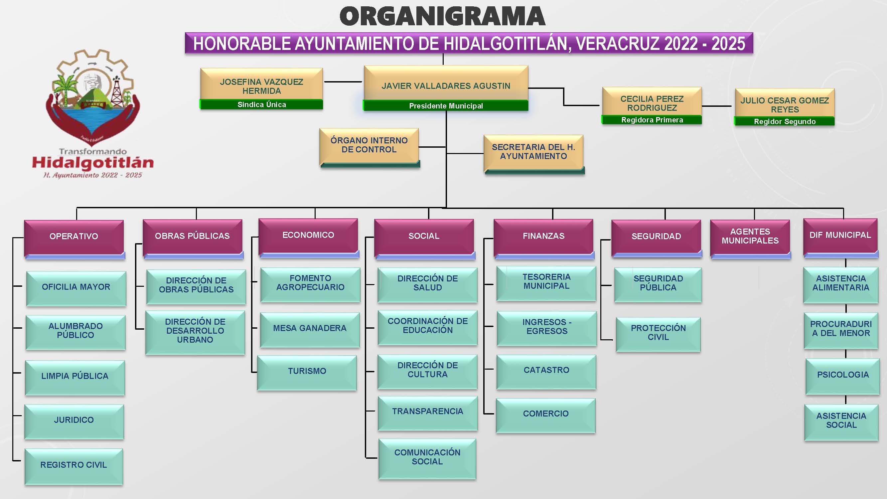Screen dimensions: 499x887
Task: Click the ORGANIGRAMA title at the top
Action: click(442, 17)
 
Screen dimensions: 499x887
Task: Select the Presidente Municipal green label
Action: click(446, 106)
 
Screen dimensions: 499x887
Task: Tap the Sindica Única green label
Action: click(261, 104)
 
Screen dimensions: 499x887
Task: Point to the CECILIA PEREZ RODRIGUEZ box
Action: click(652, 103)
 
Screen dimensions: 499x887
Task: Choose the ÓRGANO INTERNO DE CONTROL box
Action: click(369, 145)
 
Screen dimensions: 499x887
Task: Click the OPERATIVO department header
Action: click(74, 236)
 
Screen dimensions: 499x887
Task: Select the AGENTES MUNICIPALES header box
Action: click(750, 236)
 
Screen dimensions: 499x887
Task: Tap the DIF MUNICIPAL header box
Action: click(840, 235)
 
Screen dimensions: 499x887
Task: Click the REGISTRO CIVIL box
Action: click(74, 465)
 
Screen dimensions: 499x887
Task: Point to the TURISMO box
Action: click(307, 371)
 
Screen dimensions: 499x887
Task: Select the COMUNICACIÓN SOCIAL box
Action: click(427, 457)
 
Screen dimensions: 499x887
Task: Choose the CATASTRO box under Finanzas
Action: click(546, 370)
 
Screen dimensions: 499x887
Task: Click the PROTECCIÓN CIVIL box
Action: click(658, 333)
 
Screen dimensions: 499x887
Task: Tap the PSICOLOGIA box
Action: click(842, 375)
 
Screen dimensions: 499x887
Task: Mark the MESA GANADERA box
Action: click(310, 328)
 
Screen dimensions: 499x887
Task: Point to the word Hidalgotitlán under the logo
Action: click(93, 163)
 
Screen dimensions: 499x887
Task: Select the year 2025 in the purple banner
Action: click(728, 43)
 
